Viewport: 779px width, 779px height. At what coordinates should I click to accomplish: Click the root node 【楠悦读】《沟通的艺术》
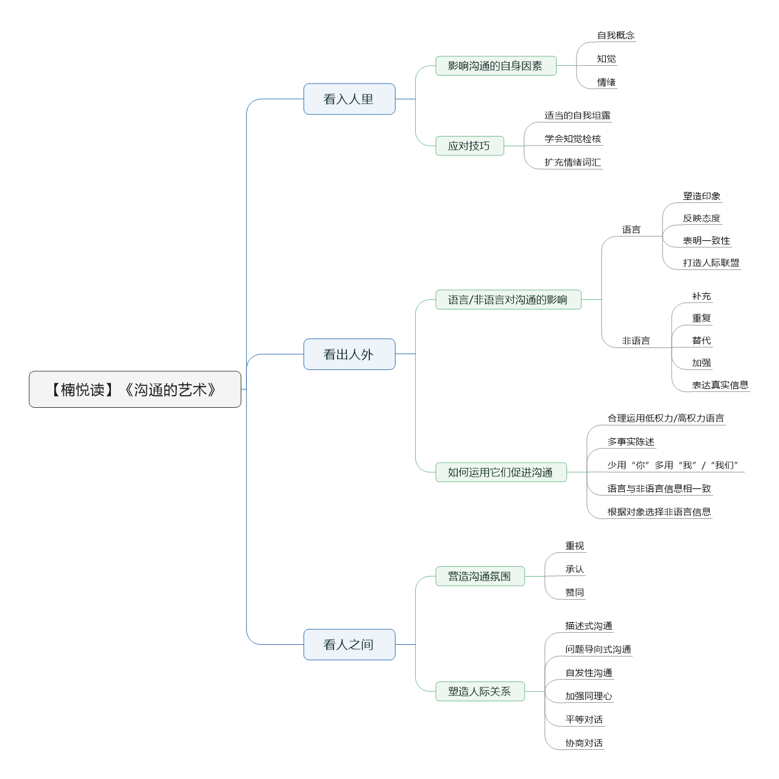click(135, 389)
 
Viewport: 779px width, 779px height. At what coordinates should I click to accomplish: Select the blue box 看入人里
click(349, 99)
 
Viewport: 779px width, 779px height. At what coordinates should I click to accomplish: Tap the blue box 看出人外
click(349, 354)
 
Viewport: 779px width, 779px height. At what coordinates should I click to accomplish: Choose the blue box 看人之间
click(349, 644)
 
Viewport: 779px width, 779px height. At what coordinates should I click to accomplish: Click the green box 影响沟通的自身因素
click(496, 65)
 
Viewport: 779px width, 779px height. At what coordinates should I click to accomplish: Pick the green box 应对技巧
click(469, 146)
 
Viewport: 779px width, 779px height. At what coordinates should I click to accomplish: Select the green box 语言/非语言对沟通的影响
click(508, 299)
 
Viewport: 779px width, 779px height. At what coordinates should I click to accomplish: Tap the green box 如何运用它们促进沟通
click(501, 472)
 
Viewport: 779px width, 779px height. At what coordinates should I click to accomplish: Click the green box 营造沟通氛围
click(480, 576)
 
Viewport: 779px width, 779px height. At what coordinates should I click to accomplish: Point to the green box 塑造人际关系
click(480, 691)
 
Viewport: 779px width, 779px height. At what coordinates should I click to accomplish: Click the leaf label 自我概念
click(616, 35)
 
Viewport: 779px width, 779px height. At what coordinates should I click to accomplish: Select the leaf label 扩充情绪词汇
click(572, 162)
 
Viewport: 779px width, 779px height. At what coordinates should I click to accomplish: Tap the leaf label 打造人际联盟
click(711, 263)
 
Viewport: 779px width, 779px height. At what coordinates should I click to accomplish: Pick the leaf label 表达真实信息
click(720, 385)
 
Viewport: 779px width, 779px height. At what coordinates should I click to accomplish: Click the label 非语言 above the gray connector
click(636, 341)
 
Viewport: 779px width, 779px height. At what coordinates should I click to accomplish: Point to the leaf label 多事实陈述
click(631, 441)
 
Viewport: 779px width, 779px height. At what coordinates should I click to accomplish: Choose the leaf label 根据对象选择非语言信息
click(659, 512)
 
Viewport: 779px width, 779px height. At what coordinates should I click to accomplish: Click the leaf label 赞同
click(574, 592)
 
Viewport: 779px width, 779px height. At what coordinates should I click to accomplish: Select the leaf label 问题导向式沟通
click(598, 649)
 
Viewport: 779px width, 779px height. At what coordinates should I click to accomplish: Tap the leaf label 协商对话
click(584, 742)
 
